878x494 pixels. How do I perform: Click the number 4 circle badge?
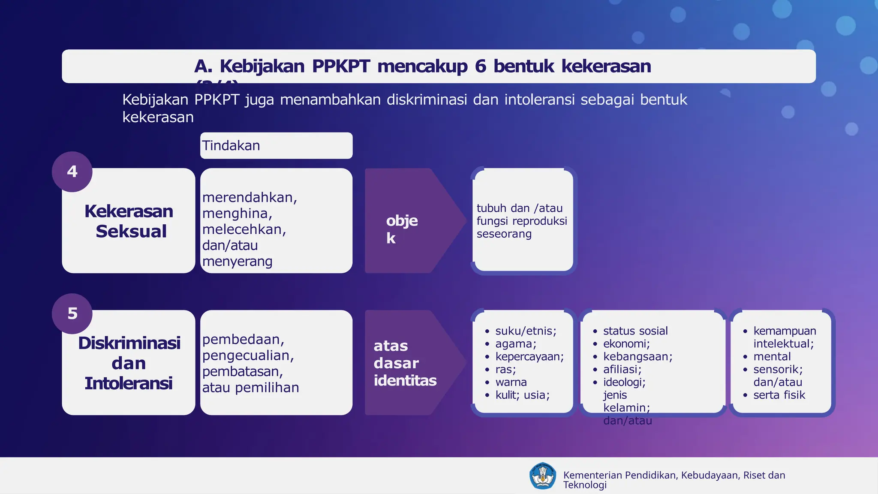(72, 172)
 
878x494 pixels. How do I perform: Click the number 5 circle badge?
(72, 313)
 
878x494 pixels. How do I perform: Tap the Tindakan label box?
(276, 146)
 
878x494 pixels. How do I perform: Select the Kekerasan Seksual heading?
(129, 221)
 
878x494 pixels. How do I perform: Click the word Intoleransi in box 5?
(128, 383)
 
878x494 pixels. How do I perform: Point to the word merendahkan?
(249, 197)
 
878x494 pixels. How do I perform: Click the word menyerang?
(237, 261)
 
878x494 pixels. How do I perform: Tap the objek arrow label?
(402, 229)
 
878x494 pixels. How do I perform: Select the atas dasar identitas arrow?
(405, 363)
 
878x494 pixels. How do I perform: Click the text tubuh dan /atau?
(519, 208)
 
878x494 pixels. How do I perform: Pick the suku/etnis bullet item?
(526, 331)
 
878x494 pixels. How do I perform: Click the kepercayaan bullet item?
(529, 357)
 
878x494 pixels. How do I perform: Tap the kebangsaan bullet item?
(637, 357)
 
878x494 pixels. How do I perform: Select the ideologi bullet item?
(624, 382)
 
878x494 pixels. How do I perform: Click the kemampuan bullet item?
(785, 331)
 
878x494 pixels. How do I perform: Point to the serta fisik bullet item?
(779, 395)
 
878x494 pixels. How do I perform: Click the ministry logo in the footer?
(542, 476)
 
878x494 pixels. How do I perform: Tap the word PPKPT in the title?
(341, 66)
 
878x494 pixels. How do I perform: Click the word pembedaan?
(243, 339)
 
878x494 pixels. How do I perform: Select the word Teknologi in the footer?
(585, 485)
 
